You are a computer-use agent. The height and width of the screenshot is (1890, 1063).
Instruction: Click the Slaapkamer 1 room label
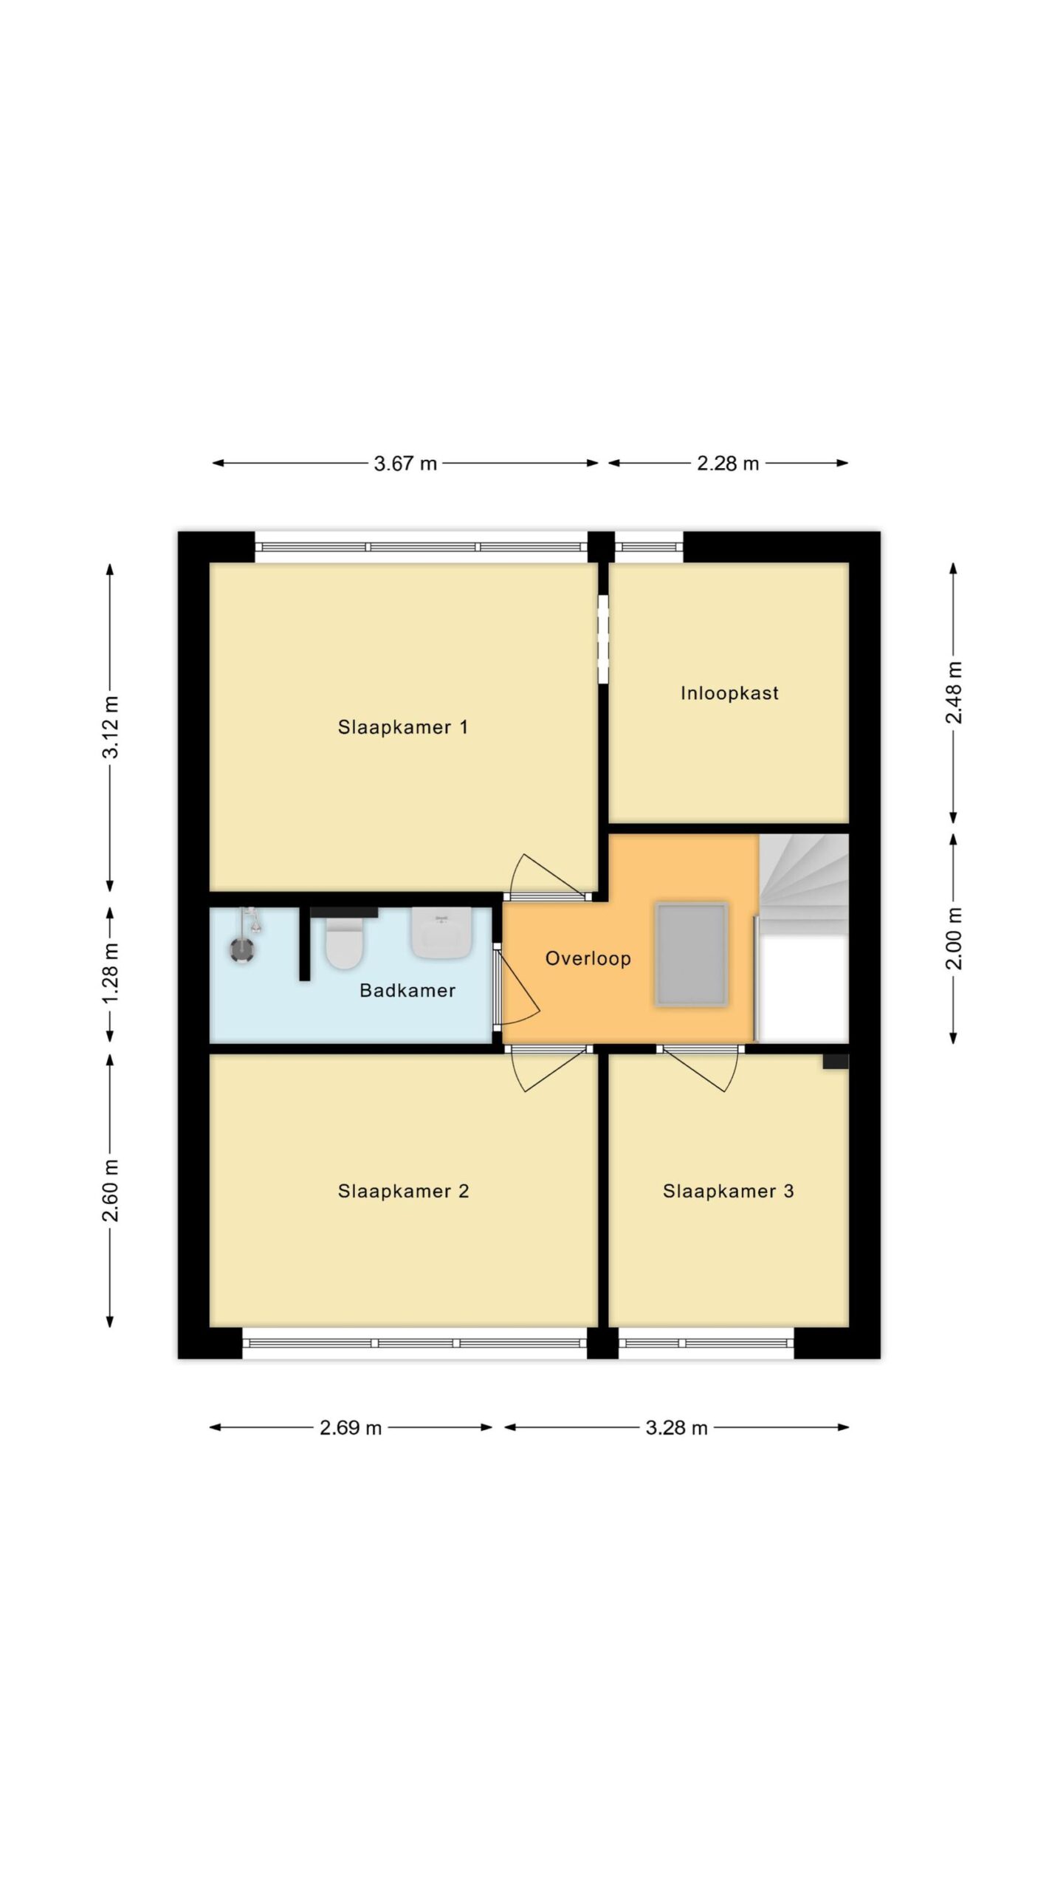pyautogui.click(x=403, y=727)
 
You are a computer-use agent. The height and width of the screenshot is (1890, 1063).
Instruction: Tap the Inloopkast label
pyautogui.click(x=729, y=693)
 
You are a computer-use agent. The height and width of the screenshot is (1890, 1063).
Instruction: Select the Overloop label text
pyautogui.click(x=588, y=958)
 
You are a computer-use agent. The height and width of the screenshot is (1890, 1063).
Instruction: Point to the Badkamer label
pyautogui.click(x=407, y=990)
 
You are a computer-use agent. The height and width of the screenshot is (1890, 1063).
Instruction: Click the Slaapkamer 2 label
pyautogui.click(x=404, y=1191)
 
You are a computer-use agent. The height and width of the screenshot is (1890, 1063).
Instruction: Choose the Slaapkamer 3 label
pyautogui.click(x=729, y=1191)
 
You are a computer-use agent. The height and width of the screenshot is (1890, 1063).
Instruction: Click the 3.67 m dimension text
pyautogui.click(x=405, y=464)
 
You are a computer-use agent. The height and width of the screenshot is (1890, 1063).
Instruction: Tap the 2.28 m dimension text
pyautogui.click(x=728, y=464)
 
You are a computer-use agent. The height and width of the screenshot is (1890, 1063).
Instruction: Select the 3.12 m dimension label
pyautogui.click(x=111, y=727)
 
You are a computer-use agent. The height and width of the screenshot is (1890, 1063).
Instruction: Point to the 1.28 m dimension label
pyautogui.click(x=111, y=974)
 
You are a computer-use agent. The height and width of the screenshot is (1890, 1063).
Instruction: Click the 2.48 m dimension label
pyautogui.click(x=954, y=693)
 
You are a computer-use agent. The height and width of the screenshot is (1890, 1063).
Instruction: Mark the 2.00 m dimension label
pyautogui.click(x=954, y=938)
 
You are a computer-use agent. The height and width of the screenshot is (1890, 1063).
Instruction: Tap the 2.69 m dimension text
pyautogui.click(x=351, y=1428)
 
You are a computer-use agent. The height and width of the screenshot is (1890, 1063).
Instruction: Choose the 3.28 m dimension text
pyautogui.click(x=677, y=1428)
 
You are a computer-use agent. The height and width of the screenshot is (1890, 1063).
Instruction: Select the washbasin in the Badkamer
pyautogui.click(x=441, y=933)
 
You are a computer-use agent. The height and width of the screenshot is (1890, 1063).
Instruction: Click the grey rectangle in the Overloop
pyautogui.click(x=692, y=954)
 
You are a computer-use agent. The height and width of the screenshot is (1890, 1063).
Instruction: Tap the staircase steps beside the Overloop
pyautogui.click(x=804, y=877)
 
